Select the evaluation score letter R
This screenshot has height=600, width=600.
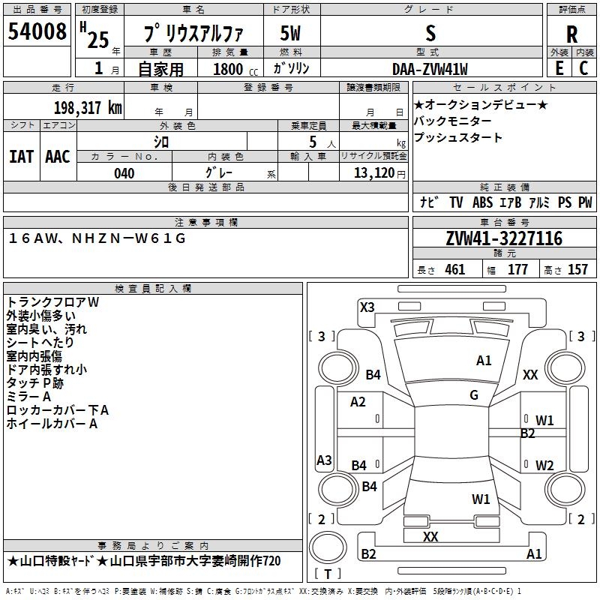[x=571, y=34]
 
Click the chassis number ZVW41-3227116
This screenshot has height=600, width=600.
[x=504, y=238]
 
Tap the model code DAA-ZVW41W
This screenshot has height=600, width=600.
[x=430, y=69]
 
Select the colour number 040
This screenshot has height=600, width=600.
[x=124, y=173]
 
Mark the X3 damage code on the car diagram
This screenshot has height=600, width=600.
[x=367, y=307]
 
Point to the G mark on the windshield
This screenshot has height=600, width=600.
[x=474, y=395]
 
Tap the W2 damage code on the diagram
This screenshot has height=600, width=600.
[x=544, y=466]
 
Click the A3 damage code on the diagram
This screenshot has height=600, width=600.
[x=324, y=460]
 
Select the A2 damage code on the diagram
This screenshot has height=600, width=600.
[x=358, y=402]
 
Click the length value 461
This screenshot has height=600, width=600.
[x=454, y=269]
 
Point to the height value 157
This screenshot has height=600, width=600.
[x=577, y=269]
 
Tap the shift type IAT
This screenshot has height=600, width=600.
[x=21, y=157]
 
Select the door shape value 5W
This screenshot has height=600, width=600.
[x=291, y=33]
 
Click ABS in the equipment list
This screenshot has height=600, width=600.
[x=482, y=202]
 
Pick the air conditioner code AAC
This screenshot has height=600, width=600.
[x=57, y=157]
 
